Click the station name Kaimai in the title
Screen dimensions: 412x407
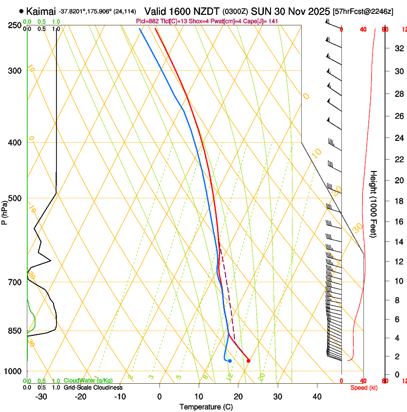[41, 11]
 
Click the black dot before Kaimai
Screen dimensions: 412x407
[22, 11]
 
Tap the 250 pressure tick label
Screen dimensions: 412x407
[15, 25]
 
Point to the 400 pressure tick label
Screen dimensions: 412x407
[15, 143]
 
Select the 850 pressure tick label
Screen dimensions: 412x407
[15, 331]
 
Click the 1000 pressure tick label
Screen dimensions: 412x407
[13, 371]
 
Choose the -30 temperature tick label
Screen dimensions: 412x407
[41, 397]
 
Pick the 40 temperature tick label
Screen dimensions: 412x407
[317, 397]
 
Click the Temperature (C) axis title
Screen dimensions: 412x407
[206, 407]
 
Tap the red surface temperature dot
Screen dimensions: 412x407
[248, 361]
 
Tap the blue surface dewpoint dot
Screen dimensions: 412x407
[230, 361]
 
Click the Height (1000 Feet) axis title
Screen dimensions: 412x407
[373, 204]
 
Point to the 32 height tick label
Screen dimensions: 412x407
[398, 48]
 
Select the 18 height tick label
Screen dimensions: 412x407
[398, 201]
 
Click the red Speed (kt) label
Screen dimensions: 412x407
[364, 388]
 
